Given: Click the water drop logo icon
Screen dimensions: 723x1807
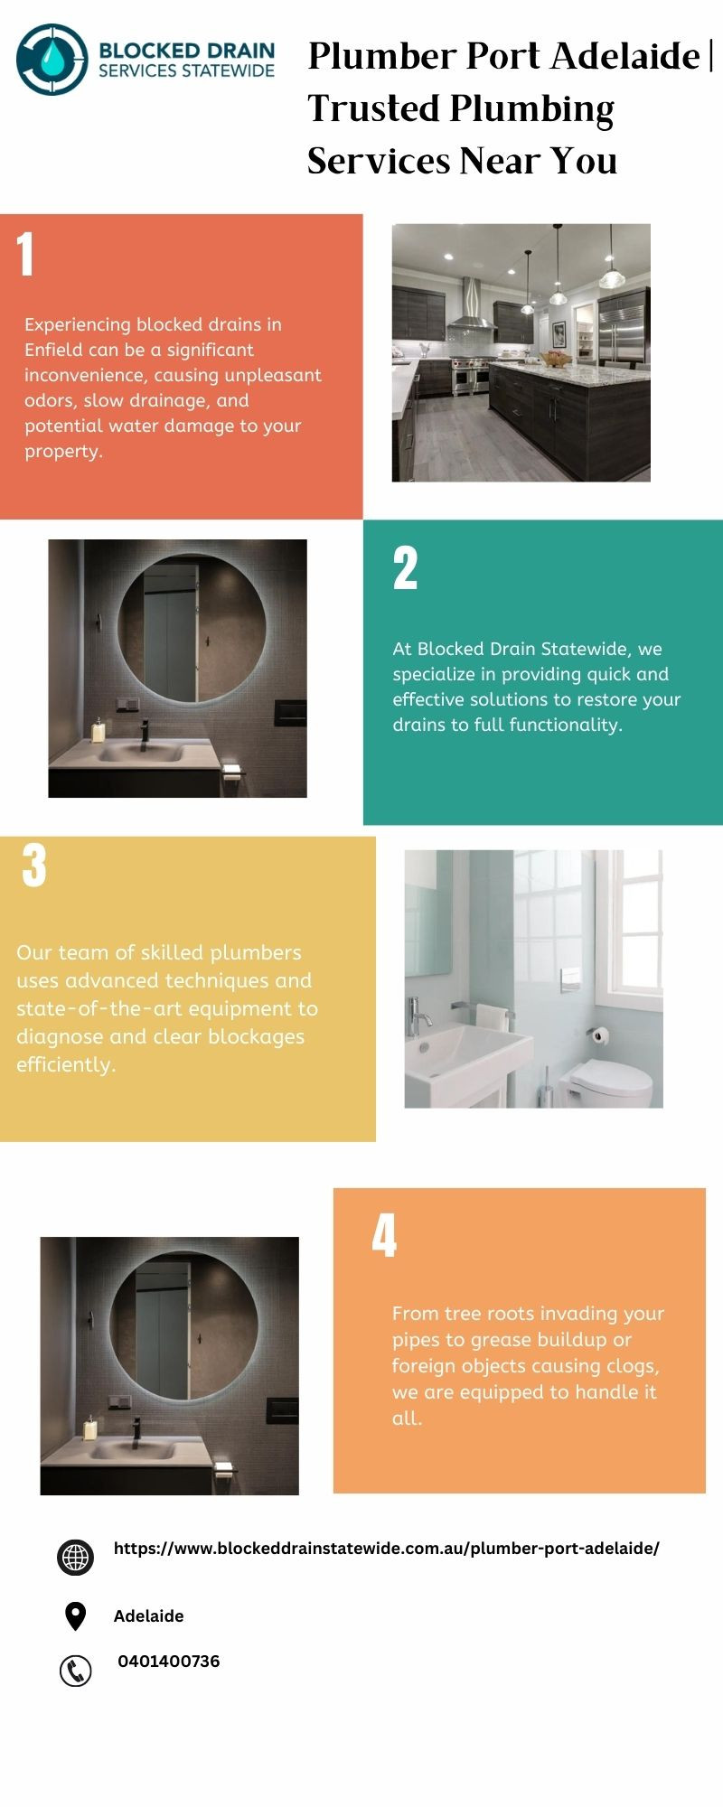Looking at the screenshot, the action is coord(52,60).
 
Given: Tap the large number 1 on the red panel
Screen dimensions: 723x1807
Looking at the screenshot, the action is coord(25,254).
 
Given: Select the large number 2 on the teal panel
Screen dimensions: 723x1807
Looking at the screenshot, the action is coord(405,568).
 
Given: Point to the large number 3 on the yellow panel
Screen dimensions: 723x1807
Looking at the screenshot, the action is coord(34,865).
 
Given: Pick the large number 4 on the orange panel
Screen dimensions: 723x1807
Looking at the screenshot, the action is coord(384,1235).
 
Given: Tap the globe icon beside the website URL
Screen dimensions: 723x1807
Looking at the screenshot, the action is coord(75,1559).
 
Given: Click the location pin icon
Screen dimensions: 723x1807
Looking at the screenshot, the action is coord(75,1616).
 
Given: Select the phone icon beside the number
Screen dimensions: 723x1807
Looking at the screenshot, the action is coord(75,1671).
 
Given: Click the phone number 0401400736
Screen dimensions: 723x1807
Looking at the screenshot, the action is coord(169,1662).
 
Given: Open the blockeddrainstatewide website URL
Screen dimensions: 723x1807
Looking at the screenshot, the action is coord(387,1549).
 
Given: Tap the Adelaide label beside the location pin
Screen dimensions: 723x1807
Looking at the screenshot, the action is coord(149,1616).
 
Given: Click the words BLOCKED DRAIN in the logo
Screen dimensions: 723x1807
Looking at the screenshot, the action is coord(186,51).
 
